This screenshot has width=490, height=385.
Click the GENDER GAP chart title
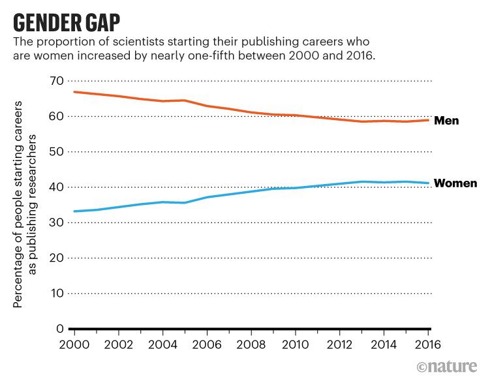tap(67, 22)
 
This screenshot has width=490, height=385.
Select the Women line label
tap(455, 183)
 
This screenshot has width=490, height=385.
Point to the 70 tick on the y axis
tap(56, 81)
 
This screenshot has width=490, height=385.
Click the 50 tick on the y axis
tap(56, 151)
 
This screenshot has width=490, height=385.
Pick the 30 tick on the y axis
tap(56, 223)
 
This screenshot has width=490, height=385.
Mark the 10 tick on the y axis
tap(56, 294)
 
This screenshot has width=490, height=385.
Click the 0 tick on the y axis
tap(59, 329)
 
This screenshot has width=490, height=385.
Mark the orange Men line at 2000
tap(74, 92)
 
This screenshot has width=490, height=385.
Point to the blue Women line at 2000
tap(74, 211)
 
